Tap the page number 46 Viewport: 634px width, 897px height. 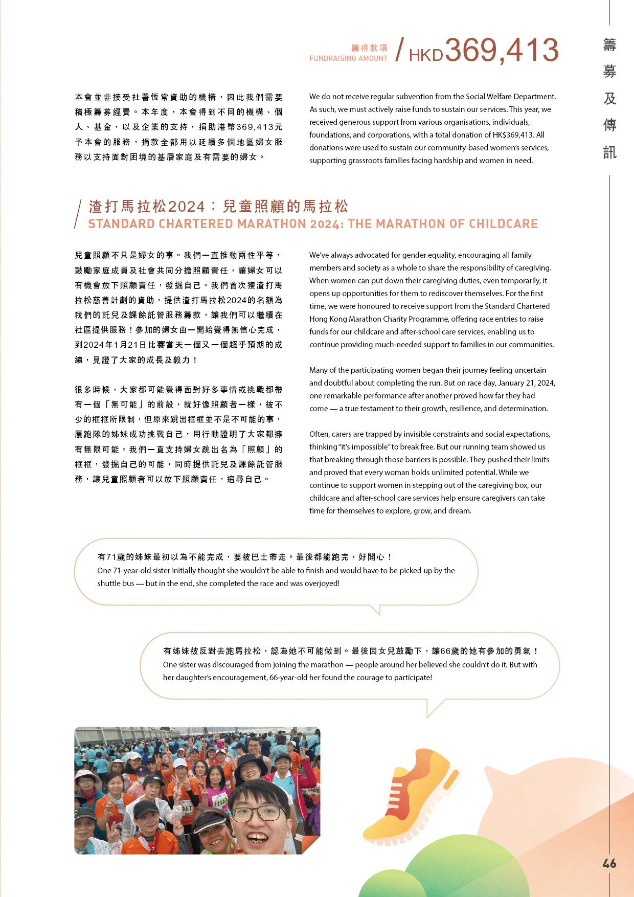tap(609, 863)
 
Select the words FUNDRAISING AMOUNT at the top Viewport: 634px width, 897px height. tap(348, 58)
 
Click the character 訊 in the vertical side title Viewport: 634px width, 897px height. tap(609, 152)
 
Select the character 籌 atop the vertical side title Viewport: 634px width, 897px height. tap(609, 45)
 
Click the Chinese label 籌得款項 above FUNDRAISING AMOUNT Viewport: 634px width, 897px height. tap(369, 48)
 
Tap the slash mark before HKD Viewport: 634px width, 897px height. tap(401, 50)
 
